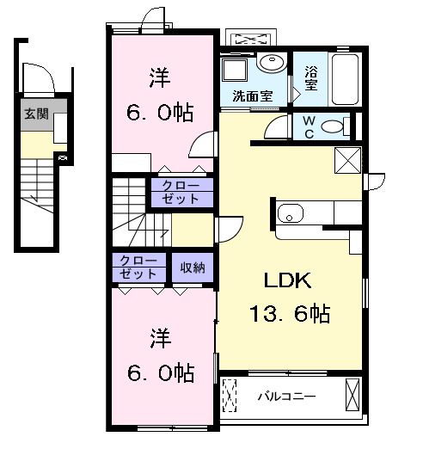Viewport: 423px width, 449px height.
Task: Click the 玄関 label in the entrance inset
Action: click(35, 112)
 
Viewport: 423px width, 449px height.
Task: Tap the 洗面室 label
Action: click(253, 95)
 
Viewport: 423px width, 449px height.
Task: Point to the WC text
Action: click(306, 126)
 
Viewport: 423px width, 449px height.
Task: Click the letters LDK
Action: click(286, 281)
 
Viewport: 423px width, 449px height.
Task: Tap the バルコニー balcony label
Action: click(287, 397)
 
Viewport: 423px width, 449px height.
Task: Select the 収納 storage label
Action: click(192, 268)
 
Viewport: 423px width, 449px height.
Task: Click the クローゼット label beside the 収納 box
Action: click(138, 267)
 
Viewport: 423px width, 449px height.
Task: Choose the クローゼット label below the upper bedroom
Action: click(181, 192)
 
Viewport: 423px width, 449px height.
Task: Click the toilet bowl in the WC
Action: click(332, 127)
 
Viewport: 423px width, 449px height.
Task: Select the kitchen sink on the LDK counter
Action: click(288, 212)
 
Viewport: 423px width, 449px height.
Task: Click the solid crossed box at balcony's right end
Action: click(352, 397)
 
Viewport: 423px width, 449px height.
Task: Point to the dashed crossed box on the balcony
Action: click(230, 397)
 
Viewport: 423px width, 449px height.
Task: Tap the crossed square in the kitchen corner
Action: click(348, 159)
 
